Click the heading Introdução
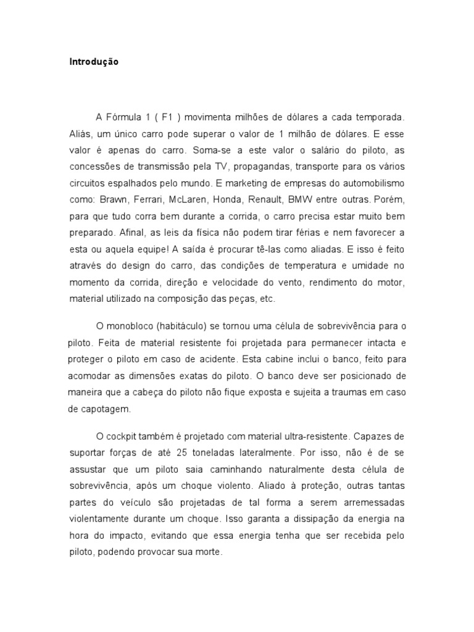click(93, 62)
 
